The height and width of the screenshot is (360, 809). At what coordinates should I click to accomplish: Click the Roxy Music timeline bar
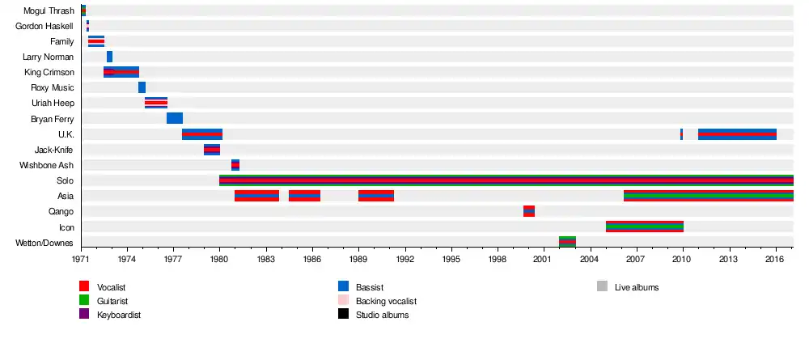(142, 87)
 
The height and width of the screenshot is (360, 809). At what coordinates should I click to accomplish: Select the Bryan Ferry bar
(175, 118)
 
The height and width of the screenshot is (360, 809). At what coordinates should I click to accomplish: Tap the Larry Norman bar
(109, 57)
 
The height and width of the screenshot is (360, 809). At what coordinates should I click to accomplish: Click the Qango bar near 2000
(529, 211)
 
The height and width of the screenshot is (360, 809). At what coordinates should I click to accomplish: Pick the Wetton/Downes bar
(567, 242)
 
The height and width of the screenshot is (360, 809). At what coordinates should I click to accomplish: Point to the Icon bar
(644, 227)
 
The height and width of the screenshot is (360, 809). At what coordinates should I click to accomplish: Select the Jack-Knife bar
(212, 150)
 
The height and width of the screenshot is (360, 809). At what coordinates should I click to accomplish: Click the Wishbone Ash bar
(235, 165)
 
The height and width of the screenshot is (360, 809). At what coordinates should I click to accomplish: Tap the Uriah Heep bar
(156, 103)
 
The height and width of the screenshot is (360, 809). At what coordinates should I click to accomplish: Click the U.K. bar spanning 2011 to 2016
(737, 134)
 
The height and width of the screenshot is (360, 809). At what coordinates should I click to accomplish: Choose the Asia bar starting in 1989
(376, 196)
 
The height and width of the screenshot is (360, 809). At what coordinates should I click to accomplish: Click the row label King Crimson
(49, 72)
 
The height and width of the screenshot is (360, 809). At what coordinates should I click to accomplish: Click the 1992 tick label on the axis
(405, 260)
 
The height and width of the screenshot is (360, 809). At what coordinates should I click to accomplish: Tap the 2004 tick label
(591, 260)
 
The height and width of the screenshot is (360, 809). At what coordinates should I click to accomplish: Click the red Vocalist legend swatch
(84, 286)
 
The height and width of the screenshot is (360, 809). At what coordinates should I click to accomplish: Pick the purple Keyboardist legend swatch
(84, 314)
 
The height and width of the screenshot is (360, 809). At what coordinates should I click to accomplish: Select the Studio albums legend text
(382, 315)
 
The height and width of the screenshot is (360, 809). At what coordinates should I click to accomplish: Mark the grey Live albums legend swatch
(602, 286)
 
